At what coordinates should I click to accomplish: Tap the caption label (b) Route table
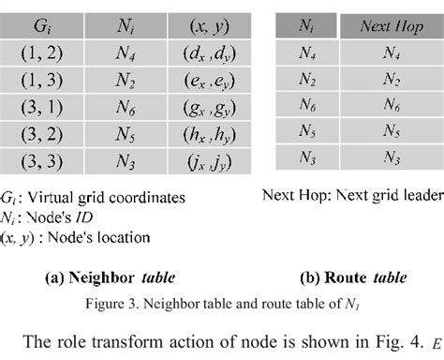click(353, 277)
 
